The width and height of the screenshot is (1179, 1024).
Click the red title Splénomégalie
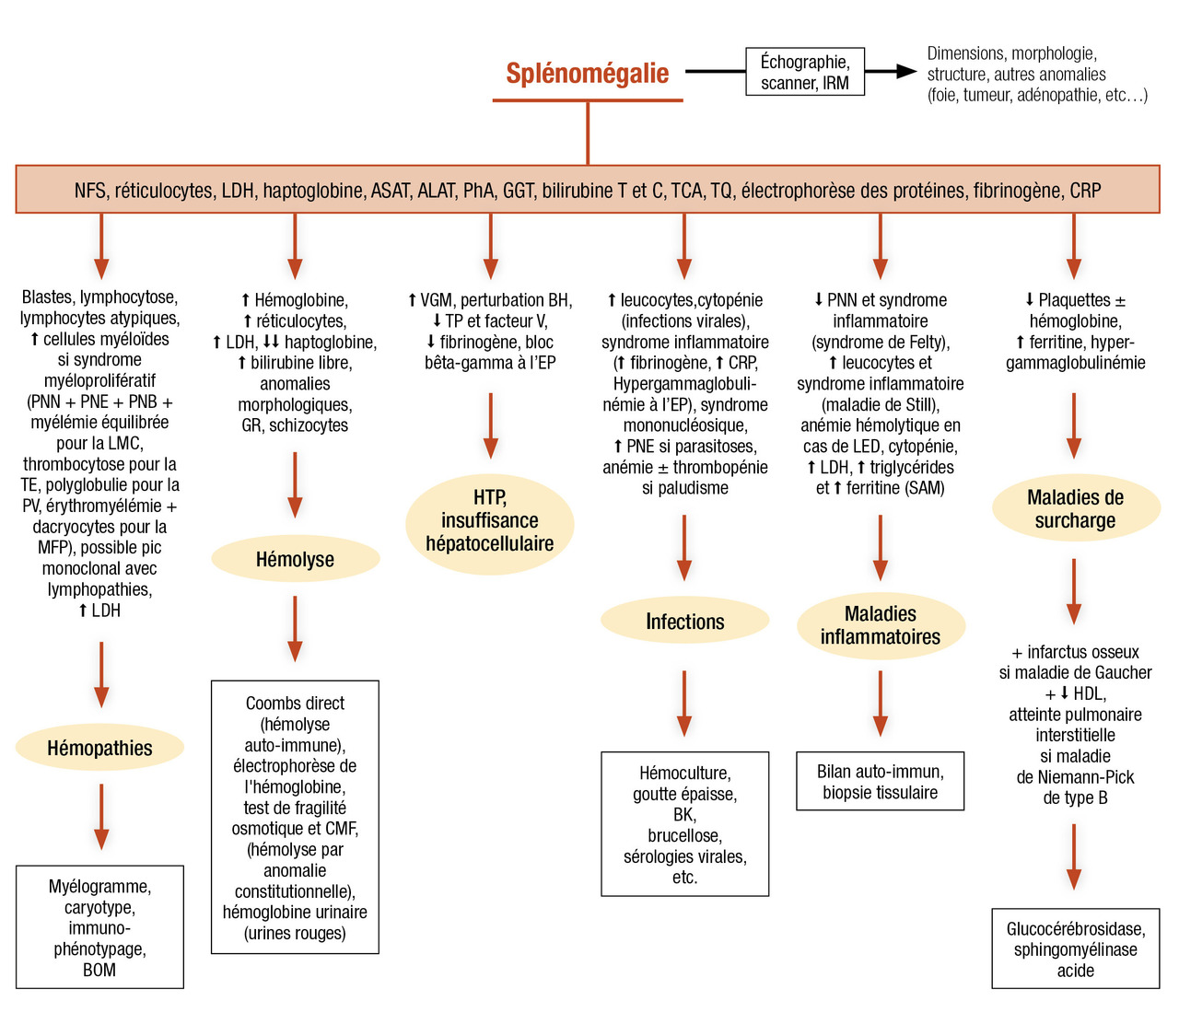pos(588,74)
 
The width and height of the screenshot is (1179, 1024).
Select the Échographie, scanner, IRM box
pos(805,72)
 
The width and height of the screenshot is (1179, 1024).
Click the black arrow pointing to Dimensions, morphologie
pos(892,71)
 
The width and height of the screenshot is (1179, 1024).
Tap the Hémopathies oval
pos(99,748)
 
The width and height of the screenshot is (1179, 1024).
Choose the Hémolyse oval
pos(295,559)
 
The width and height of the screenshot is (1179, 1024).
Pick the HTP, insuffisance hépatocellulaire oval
pos(490,521)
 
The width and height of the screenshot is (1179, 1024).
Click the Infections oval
pos(684,622)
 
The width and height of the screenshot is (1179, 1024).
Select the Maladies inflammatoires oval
pos(881,625)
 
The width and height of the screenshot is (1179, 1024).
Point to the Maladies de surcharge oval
pos(1075,509)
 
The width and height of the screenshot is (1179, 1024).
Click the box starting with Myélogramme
pos(99,927)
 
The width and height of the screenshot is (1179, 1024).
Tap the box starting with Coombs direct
pos(295,817)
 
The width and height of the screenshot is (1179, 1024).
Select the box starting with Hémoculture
pos(684,824)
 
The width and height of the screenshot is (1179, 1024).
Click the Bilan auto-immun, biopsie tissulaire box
pos(881,782)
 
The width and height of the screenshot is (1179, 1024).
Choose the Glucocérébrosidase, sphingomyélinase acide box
pos(1075,949)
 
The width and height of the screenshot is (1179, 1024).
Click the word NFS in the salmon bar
pos(89,191)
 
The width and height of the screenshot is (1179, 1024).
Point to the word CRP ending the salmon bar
pos(1085,191)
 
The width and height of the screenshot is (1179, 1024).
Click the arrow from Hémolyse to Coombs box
pos(295,630)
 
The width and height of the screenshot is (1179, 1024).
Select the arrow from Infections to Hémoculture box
pos(684,704)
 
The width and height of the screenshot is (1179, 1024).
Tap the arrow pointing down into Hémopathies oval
pos(101,675)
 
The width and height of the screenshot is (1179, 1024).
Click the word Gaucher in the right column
pos(1120,673)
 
